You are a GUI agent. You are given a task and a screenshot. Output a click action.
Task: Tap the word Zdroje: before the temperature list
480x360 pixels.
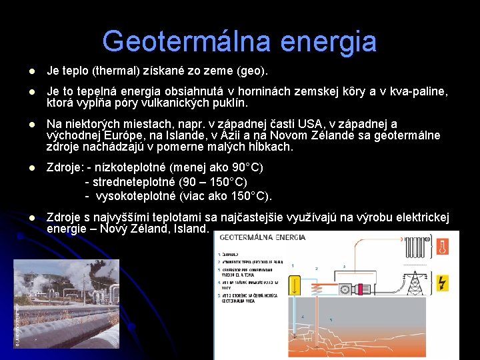click(65, 167)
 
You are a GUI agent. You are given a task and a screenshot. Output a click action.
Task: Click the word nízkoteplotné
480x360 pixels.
click(128, 167)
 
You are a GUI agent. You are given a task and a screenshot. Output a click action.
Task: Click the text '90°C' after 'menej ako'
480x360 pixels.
click(245, 167)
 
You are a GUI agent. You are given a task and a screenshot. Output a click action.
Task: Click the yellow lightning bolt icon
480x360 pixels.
click(442, 283)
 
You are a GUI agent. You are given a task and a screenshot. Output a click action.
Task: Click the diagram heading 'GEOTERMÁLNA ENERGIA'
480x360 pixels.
click(262, 237)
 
